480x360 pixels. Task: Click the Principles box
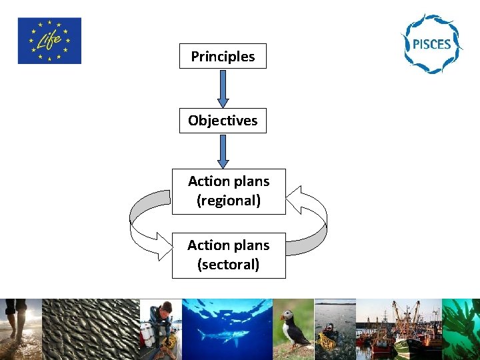point(223,57)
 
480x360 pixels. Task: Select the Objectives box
point(223,121)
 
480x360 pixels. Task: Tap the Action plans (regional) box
point(229,191)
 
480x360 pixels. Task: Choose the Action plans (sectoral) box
point(229,255)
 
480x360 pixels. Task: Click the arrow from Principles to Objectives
point(223,88)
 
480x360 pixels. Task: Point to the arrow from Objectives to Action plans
point(223,151)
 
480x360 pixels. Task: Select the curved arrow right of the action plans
point(310,220)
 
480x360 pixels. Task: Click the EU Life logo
point(49,41)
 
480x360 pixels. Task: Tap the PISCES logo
point(431,45)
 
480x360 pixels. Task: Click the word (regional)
point(229,200)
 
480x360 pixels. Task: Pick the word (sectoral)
point(229,265)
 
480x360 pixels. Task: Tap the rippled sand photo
point(90,329)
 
